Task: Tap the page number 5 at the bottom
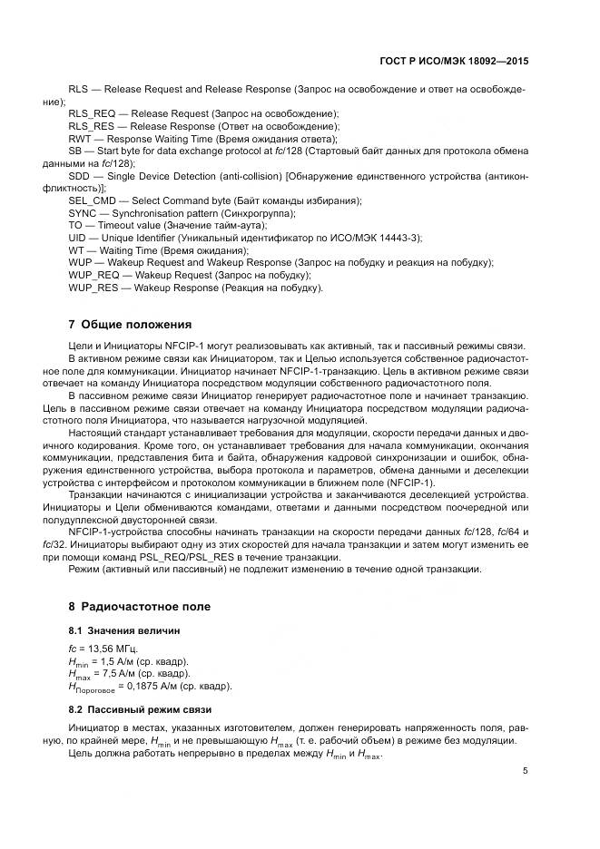(526, 771)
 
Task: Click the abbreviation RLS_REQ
(93, 113)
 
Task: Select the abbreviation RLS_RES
(92, 126)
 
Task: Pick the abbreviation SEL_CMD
(93, 200)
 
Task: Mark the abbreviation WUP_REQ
(93, 275)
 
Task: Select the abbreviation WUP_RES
(93, 288)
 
